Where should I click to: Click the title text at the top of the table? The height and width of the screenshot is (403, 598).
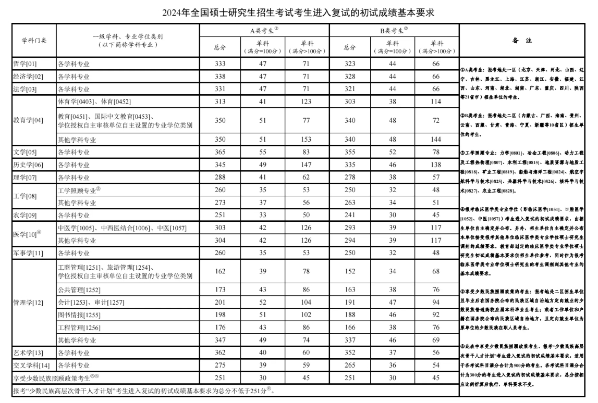(x=298, y=12)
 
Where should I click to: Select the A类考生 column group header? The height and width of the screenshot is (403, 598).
(x=264, y=31)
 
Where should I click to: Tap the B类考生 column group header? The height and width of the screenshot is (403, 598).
(x=394, y=31)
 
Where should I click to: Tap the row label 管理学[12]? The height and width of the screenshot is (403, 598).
(x=29, y=302)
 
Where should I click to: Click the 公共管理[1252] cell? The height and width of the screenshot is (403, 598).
(x=79, y=289)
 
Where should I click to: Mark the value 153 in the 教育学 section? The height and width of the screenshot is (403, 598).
(x=306, y=140)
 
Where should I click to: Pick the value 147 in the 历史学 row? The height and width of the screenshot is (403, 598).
(x=306, y=165)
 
